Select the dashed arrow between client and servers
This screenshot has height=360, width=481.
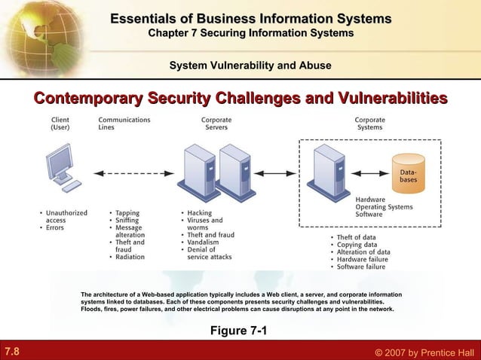[x=132, y=174]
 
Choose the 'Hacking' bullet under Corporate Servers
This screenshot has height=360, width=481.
[x=200, y=212]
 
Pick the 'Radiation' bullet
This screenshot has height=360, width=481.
[x=130, y=257]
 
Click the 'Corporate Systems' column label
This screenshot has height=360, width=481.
[x=369, y=124]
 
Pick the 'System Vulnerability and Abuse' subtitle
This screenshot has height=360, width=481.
[x=250, y=66]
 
